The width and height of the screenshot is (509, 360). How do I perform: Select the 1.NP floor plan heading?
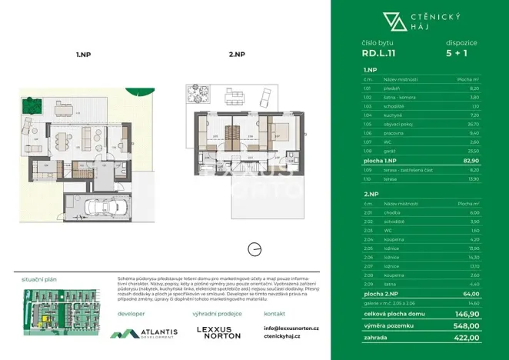tap(84, 55)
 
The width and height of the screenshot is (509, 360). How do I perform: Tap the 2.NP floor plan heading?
tap(236, 55)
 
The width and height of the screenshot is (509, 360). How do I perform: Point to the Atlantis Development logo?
tap(143, 333)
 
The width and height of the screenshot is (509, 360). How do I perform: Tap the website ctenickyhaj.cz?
tap(281, 337)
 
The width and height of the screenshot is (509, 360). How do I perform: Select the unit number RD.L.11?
tap(379, 54)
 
